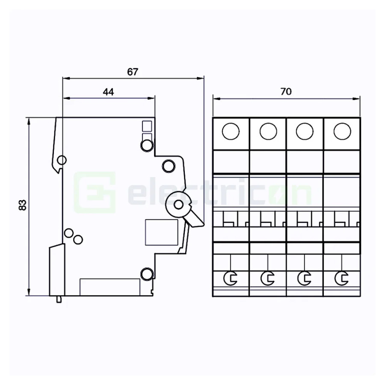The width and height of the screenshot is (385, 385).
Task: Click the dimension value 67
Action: click(x=133, y=72)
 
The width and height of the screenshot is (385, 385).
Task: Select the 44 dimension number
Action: click(x=108, y=92)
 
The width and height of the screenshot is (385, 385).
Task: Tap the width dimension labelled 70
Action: click(x=286, y=92)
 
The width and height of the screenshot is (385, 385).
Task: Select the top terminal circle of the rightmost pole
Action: click(x=342, y=131)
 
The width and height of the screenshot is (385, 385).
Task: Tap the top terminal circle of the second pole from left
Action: click(x=268, y=131)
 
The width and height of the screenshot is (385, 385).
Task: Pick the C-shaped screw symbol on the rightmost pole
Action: click(x=341, y=278)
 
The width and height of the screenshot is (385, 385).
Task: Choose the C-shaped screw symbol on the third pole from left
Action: click(x=304, y=278)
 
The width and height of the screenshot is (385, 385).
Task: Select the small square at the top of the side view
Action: click(x=147, y=126)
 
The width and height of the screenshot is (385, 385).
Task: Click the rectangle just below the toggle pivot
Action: click(x=162, y=232)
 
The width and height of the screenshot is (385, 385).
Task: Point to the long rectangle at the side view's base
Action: click(x=110, y=287)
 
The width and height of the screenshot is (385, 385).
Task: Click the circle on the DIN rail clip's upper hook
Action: click(x=62, y=160)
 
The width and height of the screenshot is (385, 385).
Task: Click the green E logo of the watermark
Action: click(x=95, y=192)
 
